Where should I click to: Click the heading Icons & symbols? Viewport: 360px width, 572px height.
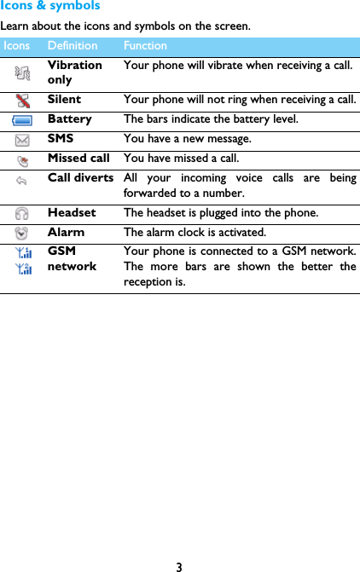click(50, 6)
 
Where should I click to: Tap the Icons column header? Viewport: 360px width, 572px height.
click(16, 45)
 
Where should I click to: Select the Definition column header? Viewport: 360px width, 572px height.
click(73, 45)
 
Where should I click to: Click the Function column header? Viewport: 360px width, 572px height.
click(145, 45)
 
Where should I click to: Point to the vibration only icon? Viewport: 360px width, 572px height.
click(23, 73)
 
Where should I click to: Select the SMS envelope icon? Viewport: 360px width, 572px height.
click(23, 140)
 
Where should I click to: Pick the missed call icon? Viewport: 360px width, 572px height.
click(23, 159)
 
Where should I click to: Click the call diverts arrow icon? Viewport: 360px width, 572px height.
click(22, 179)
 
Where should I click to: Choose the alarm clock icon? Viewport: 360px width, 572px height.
click(23, 233)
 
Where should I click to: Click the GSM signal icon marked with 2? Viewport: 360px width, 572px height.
click(24, 269)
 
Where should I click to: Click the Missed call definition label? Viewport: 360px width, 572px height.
click(78, 159)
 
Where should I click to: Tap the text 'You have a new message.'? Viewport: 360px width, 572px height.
click(188, 139)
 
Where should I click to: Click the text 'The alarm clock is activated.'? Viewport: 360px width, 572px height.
click(195, 232)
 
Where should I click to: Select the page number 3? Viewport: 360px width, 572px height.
click(179, 567)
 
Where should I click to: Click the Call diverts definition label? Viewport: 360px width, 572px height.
click(81, 178)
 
